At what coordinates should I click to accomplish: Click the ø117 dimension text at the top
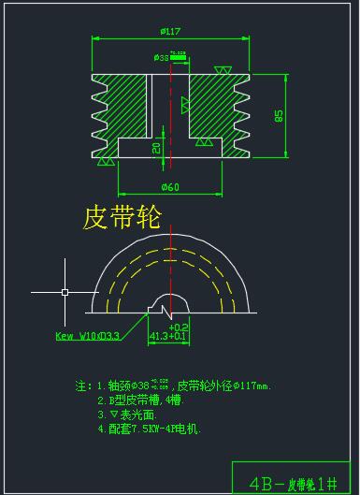[x=169, y=32]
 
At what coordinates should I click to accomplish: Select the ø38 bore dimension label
[x=161, y=58]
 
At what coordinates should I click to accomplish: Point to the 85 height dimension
[x=279, y=115]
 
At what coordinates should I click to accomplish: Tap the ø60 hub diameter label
[x=169, y=187]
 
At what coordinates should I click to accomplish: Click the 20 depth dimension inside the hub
[x=156, y=148]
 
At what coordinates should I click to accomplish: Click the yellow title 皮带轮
[x=122, y=217]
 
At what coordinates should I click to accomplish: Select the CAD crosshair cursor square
[x=65, y=292]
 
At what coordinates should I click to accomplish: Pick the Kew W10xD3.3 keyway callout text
[x=88, y=335]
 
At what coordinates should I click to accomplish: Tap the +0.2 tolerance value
[x=179, y=327]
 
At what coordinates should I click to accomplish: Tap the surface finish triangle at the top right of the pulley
[x=223, y=70]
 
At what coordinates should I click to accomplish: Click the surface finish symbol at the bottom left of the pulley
[x=109, y=162]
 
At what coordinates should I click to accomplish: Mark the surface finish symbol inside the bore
[x=183, y=100]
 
